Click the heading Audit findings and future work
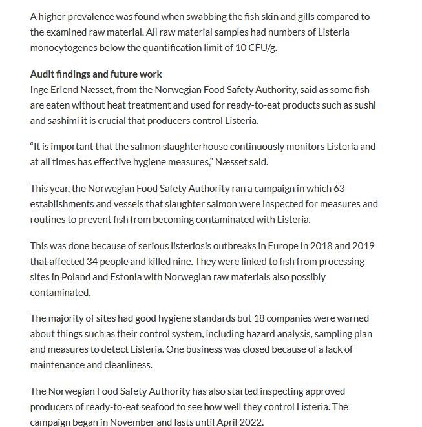(96, 74)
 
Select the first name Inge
(39, 89)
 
